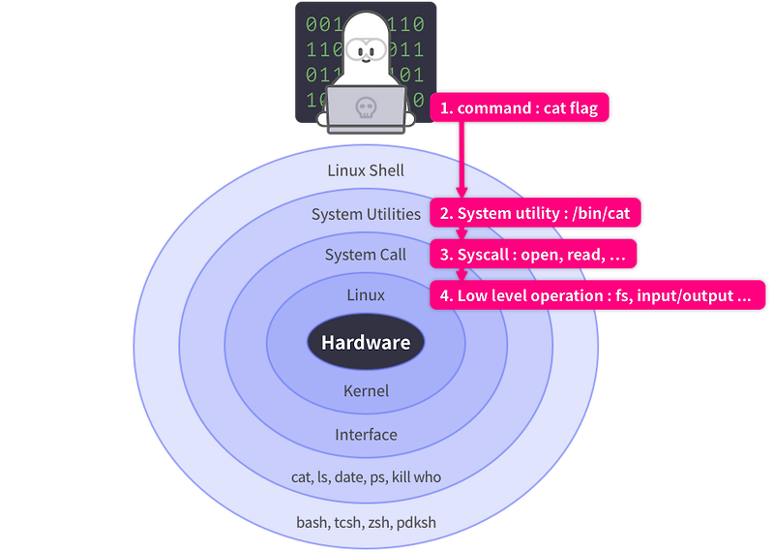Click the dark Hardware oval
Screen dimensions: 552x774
(x=366, y=343)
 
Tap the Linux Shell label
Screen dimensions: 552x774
(x=366, y=170)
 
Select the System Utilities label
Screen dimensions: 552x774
(x=366, y=214)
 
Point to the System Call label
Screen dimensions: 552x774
(x=365, y=255)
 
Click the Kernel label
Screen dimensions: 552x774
(x=366, y=391)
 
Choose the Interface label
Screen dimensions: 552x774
(x=366, y=435)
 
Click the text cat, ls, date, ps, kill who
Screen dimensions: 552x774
(x=366, y=476)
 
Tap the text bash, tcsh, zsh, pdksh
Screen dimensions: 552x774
(x=366, y=522)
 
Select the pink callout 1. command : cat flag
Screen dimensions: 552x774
(x=521, y=107)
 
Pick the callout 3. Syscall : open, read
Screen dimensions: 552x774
(x=534, y=254)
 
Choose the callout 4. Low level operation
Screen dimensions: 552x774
(x=598, y=295)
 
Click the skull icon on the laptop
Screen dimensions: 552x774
(x=365, y=107)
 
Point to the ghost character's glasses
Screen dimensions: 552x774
(x=366, y=48)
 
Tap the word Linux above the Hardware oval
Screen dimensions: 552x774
(x=366, y=294)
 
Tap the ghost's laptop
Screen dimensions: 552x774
(x=366, y=109)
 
